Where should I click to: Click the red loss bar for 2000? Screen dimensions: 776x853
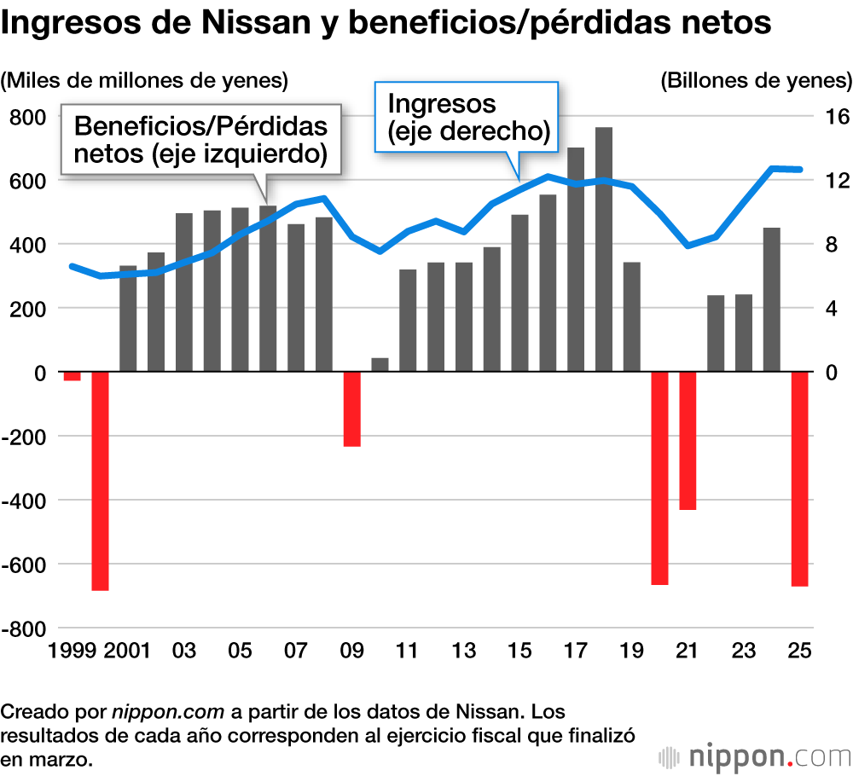(x=100, y=480)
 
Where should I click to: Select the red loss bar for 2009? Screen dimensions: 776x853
(x=351, y=408)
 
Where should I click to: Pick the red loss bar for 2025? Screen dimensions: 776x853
(x=799, y=478)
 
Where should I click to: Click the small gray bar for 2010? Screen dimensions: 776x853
(x=380, y=365)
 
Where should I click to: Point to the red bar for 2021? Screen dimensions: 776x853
(x=688, y=440)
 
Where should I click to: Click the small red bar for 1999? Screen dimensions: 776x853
(x=72, y=376)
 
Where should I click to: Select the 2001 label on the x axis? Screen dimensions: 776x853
(x=128, y=651)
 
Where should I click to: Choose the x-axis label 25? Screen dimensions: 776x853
(x=799, y=651)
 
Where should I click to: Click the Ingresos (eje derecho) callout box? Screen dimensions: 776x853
(x=467, y=118)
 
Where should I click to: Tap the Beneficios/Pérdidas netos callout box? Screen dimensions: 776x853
(x=200, y=141)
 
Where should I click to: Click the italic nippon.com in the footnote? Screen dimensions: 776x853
(x=168, y=711)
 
